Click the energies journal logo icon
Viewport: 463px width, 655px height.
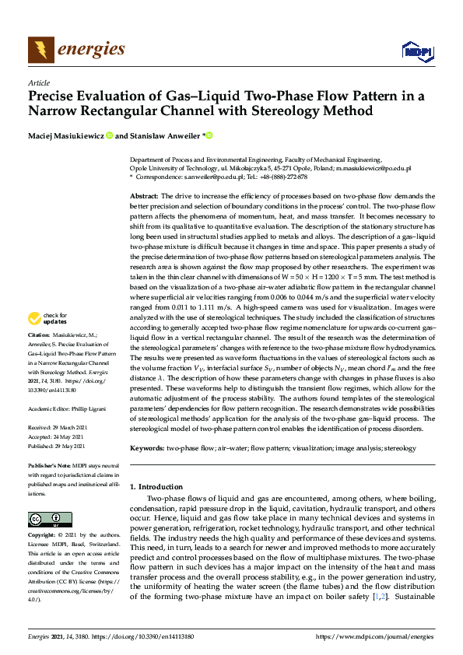point(40,50)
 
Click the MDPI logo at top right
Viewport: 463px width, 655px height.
point(416,51)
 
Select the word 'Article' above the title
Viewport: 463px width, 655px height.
point(38,82)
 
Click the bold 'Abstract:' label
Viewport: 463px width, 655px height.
point(144,195)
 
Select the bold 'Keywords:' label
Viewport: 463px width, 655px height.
point(146,448)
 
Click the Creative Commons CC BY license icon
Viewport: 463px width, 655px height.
point(45,519)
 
